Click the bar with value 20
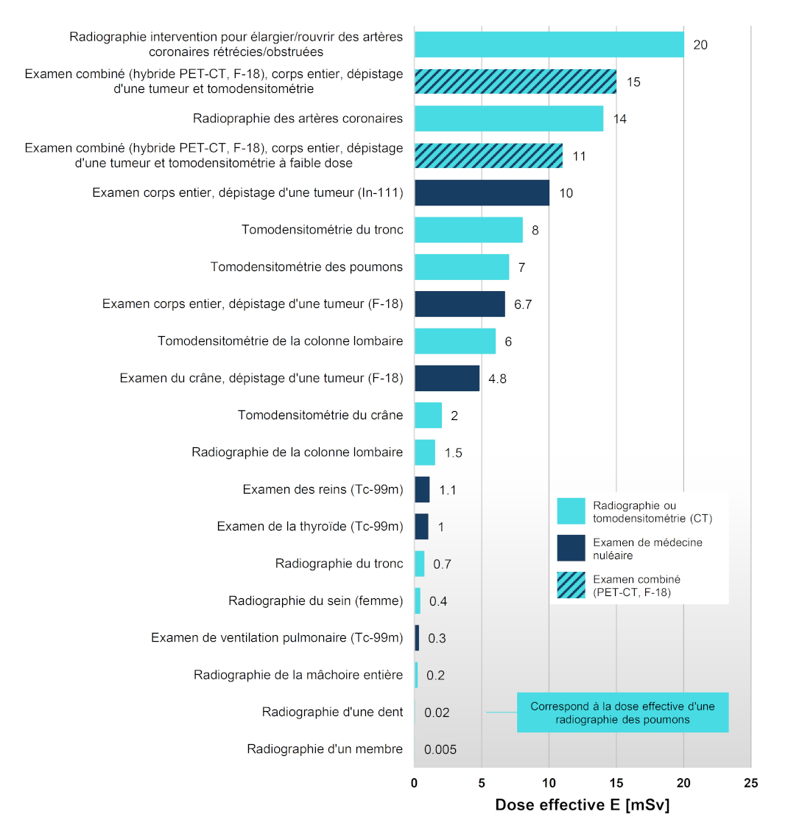point(549,45)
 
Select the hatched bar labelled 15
point(516,82)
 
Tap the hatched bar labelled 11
point(488,155)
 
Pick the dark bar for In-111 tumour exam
point(482,193)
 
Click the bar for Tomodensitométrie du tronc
point(468,230)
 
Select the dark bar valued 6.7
point(460,304)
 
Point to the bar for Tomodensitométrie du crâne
point(428,416)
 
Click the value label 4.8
point(497,379)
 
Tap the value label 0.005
point(440,749)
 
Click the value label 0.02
point(437,712)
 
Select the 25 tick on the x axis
point(750,783)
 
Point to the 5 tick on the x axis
point(482,783)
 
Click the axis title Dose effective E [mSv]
point(582,805)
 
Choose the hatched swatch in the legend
point(571,585)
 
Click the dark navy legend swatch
point(571,548)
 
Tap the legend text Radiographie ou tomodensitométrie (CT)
point(652,512)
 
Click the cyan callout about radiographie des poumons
point(622,712)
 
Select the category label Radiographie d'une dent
point(332,712)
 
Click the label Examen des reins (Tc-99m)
point(323,489)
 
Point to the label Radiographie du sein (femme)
point(315,600)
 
